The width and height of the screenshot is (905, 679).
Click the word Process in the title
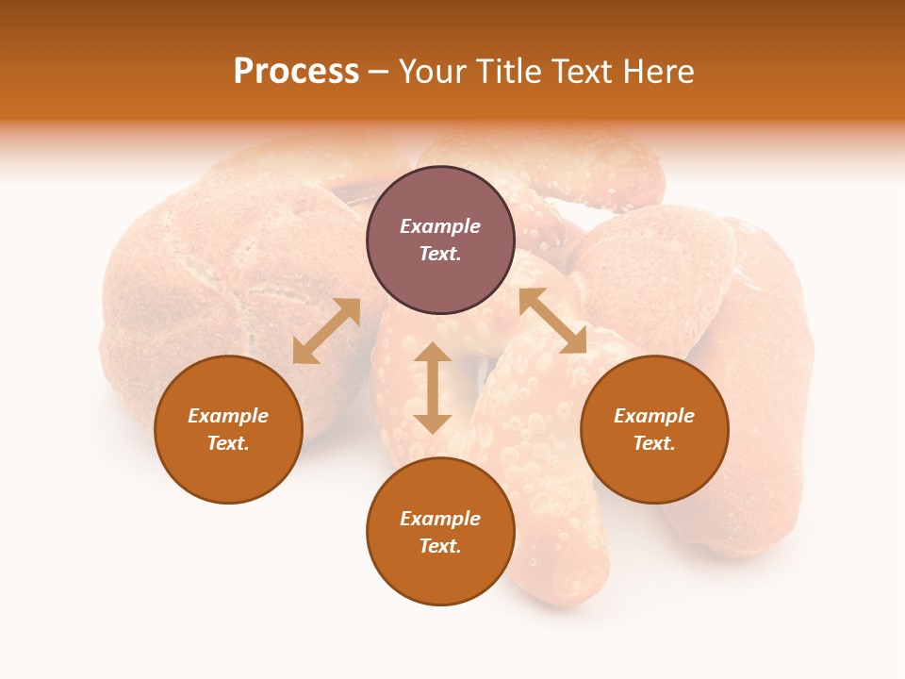click(x=296, y=72)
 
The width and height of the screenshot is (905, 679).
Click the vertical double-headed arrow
click(x=433, y=388)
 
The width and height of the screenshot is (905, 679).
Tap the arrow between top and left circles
click(x=326, y=331)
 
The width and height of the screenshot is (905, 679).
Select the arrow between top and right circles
click(x=552, y=321)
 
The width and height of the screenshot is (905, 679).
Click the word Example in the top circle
click(x=440, y=226)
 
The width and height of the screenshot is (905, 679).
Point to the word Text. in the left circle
click(x=228, y=443)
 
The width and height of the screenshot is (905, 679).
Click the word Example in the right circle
click(x=653, y=416)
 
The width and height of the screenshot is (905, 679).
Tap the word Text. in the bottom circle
click(x=440, y=546)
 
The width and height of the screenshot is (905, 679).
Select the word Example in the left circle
click(x=228, y=416)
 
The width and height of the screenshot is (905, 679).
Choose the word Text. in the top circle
click(x=440, y=254)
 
